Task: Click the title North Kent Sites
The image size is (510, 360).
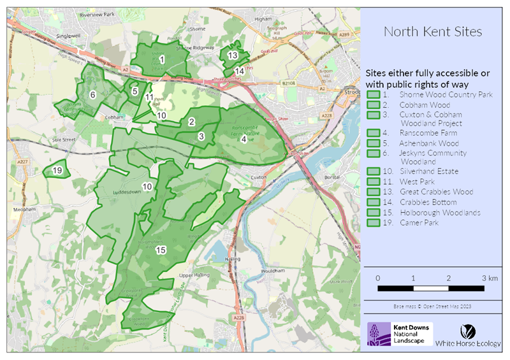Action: [x=433, y=31]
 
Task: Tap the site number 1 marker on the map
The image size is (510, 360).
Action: [x=162, y=59]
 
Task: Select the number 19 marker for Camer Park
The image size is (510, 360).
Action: [x=57, y=170]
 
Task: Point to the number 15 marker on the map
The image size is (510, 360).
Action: [x=161, y=250]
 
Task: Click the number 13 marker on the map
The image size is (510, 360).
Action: [x=233, y=56]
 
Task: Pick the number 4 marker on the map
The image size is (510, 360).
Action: [x=244, y=138]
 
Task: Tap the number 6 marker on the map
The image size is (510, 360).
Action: [x=92, y=95]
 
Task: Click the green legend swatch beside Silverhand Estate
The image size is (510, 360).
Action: [x=374, y=171]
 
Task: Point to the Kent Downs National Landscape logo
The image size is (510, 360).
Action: [x=400, y=334]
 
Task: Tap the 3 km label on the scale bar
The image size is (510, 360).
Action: [x=490, y=278]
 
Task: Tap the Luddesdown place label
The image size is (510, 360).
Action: [x=112, y=191]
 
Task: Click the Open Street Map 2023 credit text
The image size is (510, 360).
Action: [x=433, y=307]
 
